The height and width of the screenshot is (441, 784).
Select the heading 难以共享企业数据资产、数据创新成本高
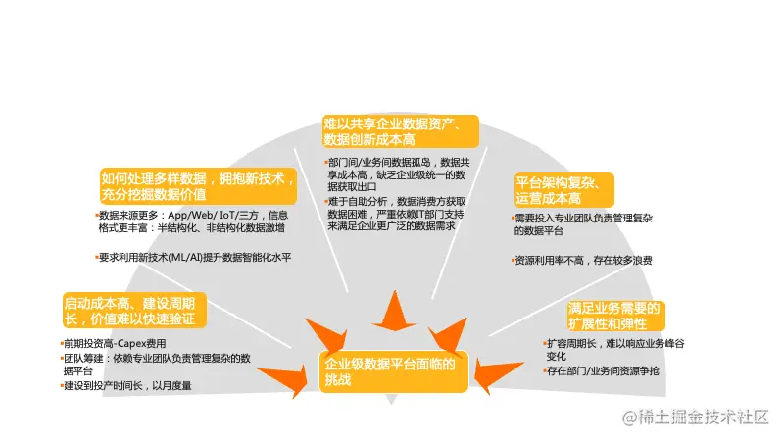click(x=400, y=131)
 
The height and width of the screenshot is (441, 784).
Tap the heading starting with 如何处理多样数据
click(x=198, y=186)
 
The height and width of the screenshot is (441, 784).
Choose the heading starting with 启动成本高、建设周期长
click(x=130, y=309)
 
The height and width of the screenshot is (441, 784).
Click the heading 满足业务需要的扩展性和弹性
click(x=615, y=316)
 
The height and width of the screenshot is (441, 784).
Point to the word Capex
click(x=129, y=344)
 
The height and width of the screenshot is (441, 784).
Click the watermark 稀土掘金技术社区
click(x=706, y=416)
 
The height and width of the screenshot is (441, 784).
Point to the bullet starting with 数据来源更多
click(x=193, y=220)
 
